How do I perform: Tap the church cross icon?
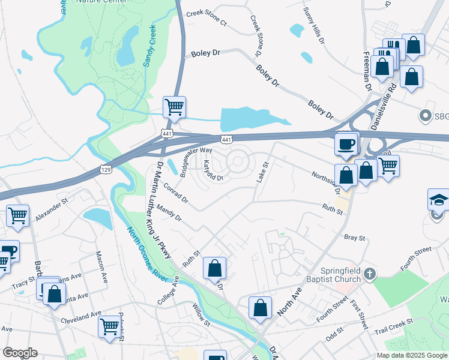pyautogui.click(x=370, y=274)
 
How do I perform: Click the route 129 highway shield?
pyautogui.click(x=106, y=170)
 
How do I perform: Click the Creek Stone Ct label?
pyautogui.click(x=206, y=18)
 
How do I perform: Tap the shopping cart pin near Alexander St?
pyautogui.click(x=18, y=215)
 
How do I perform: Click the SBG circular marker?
pyautogui.click(x=426, y=115)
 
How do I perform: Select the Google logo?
pyautogui.click(x=20, y=353)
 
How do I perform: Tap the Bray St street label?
pyautogui.click(x=354, y=238)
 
